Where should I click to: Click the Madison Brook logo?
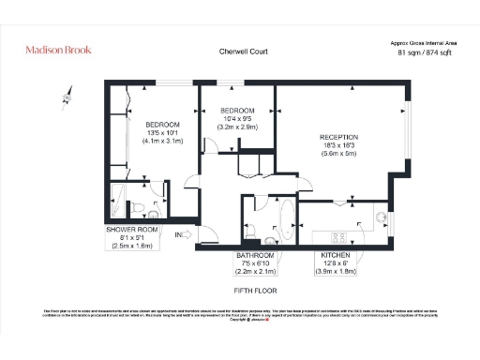59,48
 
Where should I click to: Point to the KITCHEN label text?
336,255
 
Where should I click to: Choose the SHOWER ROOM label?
131,229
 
